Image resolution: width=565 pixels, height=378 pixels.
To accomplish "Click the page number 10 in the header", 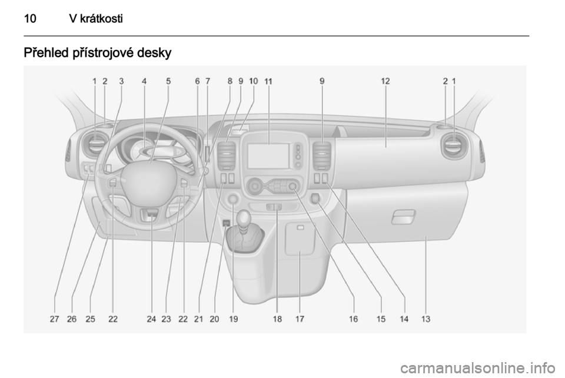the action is (x=30, y=18).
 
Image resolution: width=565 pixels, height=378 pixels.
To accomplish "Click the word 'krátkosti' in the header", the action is (x=101, y=18).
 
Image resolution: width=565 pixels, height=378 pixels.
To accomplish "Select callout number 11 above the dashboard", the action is (x=268, y=81).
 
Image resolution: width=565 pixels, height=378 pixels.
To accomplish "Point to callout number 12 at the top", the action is (x=385, y=81).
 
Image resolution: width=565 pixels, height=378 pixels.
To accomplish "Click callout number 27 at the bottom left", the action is (x=54, y=319).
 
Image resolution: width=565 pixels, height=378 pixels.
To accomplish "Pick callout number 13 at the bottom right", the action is (x=426, y=319).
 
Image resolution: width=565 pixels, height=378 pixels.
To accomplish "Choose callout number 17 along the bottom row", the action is (x=300, y=319).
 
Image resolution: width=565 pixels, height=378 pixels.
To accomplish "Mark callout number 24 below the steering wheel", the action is (x=151, y=319).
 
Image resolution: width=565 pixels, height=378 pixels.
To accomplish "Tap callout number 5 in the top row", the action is (x=168, y=81).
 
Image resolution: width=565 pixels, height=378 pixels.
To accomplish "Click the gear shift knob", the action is (x=244, y=217).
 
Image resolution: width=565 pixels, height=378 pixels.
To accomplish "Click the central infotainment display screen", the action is (x=268, y=155).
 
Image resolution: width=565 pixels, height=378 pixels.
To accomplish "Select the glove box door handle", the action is (x=404, y=217).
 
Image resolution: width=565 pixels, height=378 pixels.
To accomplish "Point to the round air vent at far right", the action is (x=453, y=145).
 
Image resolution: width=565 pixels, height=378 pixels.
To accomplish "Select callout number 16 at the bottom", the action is (x=353, y=319).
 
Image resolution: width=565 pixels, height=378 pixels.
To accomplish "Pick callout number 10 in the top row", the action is (x=253, y=81).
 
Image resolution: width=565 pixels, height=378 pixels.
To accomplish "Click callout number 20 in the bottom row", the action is (x=214, y=319).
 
